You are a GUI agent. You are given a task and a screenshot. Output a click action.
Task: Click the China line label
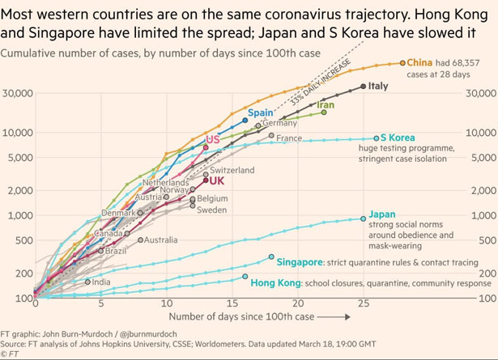(x=419, y=61)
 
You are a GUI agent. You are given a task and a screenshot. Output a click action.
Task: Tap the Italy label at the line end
(x=378, y=86)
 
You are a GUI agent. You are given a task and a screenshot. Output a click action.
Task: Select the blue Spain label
(x=260, y=112)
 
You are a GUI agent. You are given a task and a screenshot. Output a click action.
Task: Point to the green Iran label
(x=326, y=105)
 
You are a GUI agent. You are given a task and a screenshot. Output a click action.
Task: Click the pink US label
(x=213, y=139)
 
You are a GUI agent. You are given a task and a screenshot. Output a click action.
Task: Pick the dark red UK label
(x=216, y=181)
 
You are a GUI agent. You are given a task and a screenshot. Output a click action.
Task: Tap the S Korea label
(x=398, y=138)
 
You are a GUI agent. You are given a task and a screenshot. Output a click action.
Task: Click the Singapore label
(x=298, y=262)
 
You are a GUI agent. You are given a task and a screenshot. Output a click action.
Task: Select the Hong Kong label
(x=275, y=282)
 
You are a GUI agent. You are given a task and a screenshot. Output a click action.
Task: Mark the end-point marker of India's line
(x=87, y=282)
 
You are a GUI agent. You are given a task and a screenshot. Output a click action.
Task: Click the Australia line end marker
(x=140, y=239)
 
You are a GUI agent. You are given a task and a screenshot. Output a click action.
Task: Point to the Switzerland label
(x=232, y=170)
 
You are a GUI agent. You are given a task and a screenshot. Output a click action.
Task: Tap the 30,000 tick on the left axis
(x=16, y=93)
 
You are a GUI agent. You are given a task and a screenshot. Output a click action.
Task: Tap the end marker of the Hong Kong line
(x=245, y=277)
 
